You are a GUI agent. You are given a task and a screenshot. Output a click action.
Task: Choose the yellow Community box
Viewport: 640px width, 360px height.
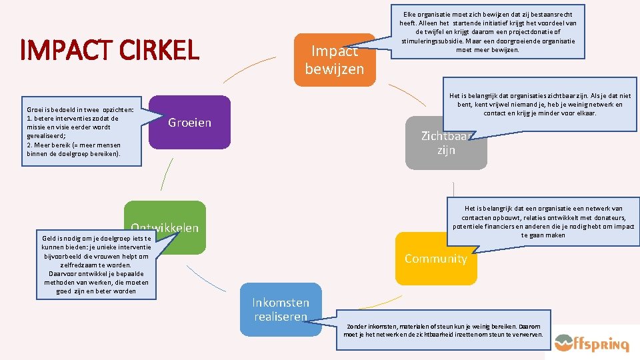(x=435, y=259)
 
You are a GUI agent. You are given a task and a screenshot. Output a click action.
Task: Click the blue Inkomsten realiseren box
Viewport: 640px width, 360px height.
(x=280, y=309)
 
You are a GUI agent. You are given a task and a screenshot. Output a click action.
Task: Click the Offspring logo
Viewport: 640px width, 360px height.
(x=591, y=343)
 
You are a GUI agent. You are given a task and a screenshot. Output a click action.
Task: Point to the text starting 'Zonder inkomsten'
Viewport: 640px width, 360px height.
(x=443, y=330)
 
